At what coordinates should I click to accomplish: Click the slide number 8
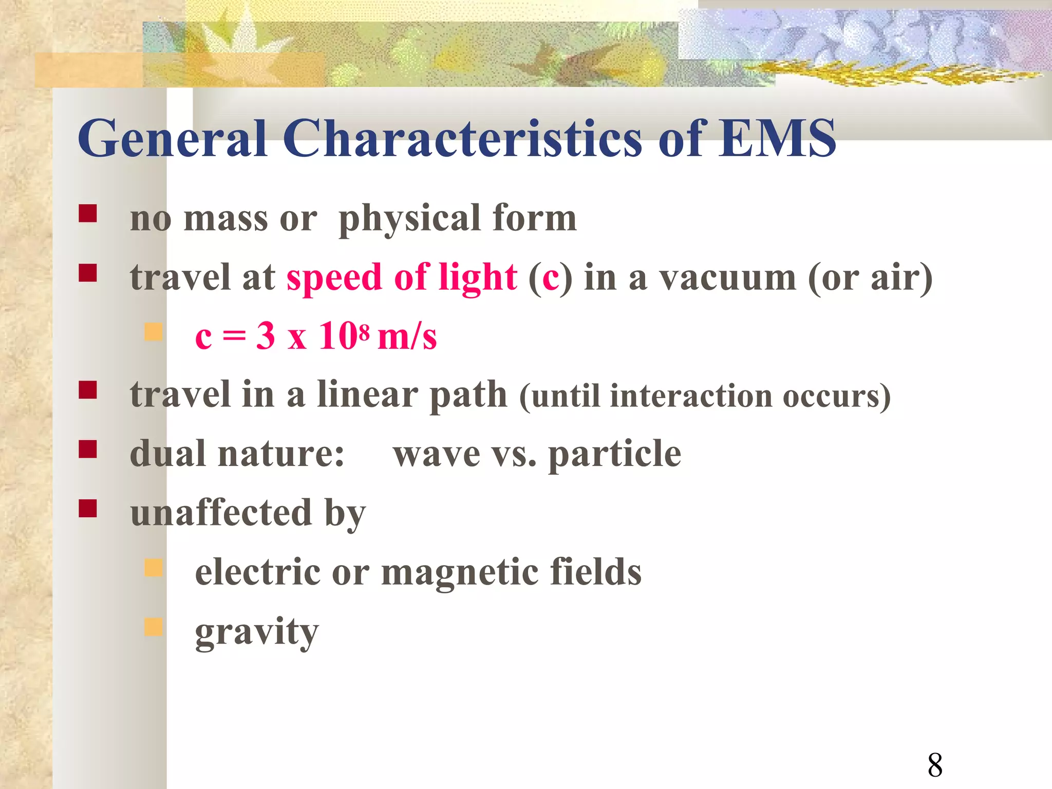tap(935, 765)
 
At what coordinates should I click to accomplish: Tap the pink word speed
tap(334, 278)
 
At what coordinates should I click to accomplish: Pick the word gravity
tap(257, 632)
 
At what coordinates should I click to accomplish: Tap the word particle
tap(614, 455)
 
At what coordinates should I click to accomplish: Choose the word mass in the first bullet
tap(226, 218)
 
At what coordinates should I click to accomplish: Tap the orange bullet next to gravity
tap(153, 627)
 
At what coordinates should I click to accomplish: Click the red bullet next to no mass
tap(88, 213)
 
